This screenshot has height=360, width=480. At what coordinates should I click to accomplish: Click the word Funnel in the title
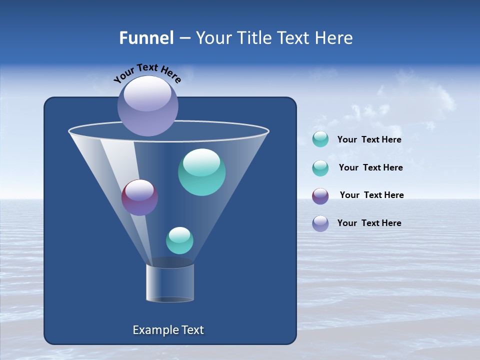click(146, 38)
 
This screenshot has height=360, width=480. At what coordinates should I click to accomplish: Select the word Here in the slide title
click(334, 38)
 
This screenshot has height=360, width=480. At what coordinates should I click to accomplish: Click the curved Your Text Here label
click(147, 72)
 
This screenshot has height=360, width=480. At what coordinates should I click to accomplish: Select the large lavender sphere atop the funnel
click(148, 105)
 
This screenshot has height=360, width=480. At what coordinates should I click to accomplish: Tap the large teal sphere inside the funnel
click(201, 172)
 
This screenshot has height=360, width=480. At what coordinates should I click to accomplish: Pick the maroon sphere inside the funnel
click(139, 197)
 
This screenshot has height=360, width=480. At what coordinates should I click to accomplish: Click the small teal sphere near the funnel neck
click(179, 240)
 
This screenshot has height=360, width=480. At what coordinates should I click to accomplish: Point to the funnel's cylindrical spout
click(170, 282)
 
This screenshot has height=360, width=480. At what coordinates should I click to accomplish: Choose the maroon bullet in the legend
click(320, 196)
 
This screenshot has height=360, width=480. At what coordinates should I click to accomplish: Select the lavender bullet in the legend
click(320, 223)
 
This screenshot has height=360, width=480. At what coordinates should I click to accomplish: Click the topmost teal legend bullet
click(320, 139)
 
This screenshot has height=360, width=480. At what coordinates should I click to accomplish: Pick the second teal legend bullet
click(320, 168)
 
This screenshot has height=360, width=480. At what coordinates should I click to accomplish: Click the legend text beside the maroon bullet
click(371, 195)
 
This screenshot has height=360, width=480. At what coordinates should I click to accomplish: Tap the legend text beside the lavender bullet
click(369, 223)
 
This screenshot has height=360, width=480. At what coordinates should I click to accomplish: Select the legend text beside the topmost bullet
click(369, 139)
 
